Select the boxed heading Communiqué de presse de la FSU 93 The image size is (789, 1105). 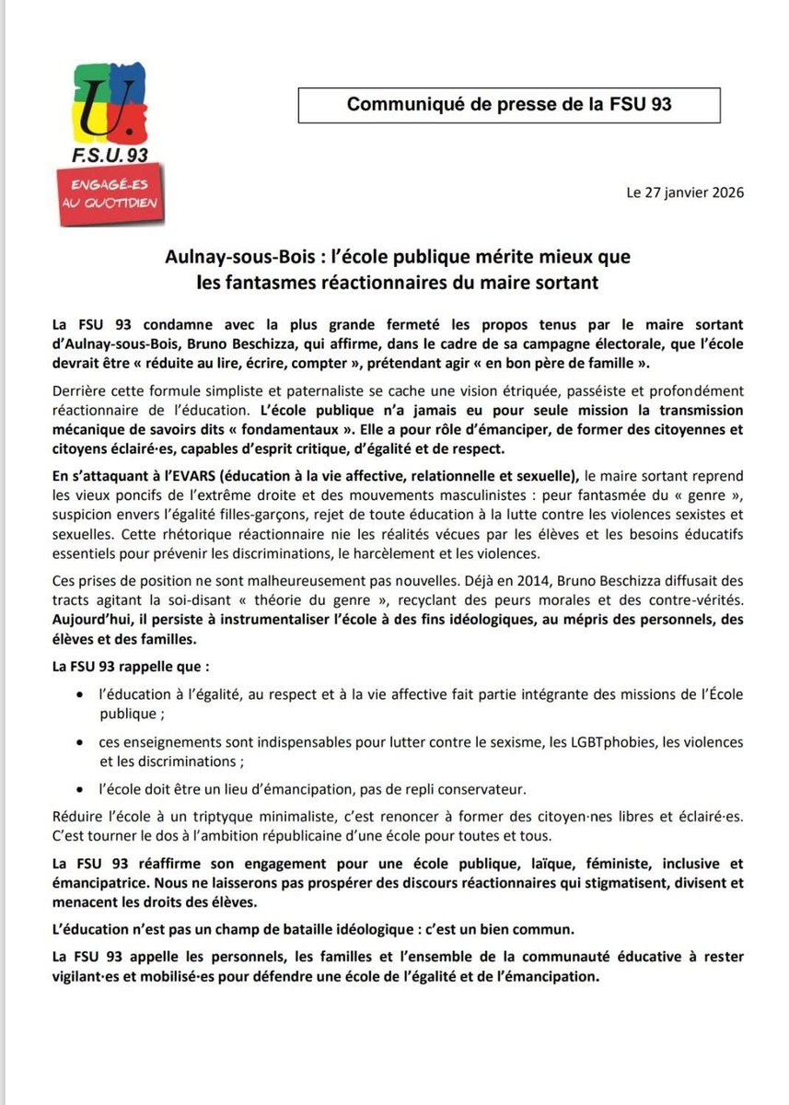pos(509,104)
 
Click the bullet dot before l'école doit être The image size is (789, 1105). pos(84,789)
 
